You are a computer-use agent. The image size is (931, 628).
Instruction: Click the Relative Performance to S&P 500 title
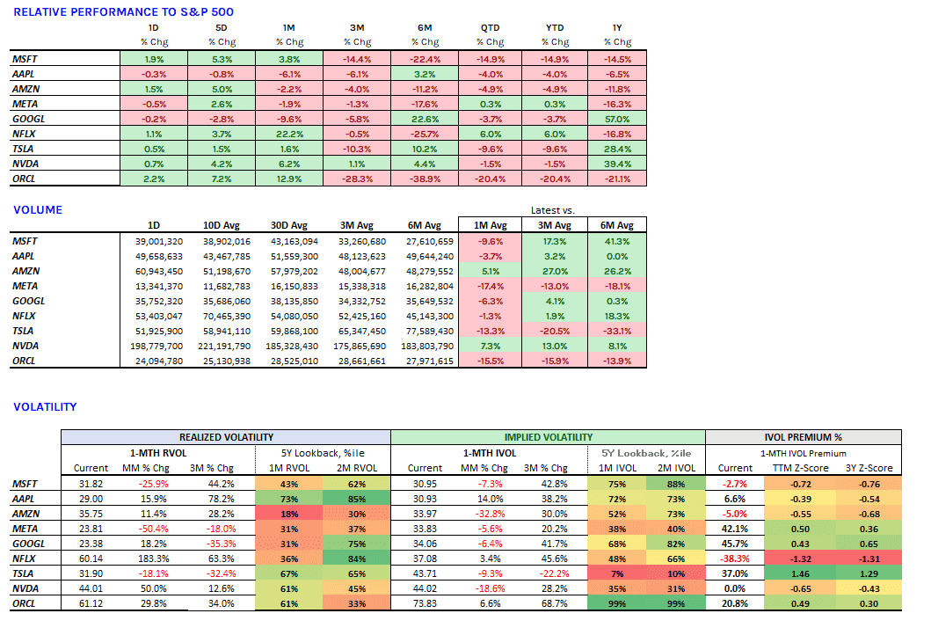click(x=123, y=12)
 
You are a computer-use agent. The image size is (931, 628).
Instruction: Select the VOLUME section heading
click(x=38, y=209)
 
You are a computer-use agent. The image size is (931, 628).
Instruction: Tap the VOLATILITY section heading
click(x=45, y=407)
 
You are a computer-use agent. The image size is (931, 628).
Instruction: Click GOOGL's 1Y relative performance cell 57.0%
click(x=617, y=119)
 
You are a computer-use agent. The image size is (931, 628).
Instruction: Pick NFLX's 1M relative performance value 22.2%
click(x=289, y=135)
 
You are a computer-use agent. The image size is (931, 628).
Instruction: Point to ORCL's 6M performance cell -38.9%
click(x=425, y=179)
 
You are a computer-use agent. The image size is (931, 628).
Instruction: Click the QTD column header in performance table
click(x=490, y=28)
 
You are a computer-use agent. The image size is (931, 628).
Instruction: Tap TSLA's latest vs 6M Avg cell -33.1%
click(x=617, y=331)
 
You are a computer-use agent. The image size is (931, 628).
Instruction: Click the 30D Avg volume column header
click(x=289, y=225)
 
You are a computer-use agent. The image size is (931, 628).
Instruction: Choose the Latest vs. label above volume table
click(x=552, y=210)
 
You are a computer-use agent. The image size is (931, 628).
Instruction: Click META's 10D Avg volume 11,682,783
click(x=226, y=287)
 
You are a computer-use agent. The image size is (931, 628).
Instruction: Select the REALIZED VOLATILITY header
click(x=226, y=437)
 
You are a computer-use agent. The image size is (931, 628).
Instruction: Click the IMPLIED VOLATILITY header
click(x=548, y=437)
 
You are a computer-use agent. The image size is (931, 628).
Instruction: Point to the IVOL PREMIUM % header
click(x=803, y=437)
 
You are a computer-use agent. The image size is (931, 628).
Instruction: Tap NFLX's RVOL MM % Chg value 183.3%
click(x=154, y=559)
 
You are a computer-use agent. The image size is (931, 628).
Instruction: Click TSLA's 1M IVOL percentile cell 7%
click(x=617, y=574)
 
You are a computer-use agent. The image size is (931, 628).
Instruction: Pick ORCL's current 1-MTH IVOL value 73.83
click(x=425, y=603)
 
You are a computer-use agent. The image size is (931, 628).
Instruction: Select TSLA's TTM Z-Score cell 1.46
click(x=800, y=574)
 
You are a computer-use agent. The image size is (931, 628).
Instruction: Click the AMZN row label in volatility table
click(x=26, y=514)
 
